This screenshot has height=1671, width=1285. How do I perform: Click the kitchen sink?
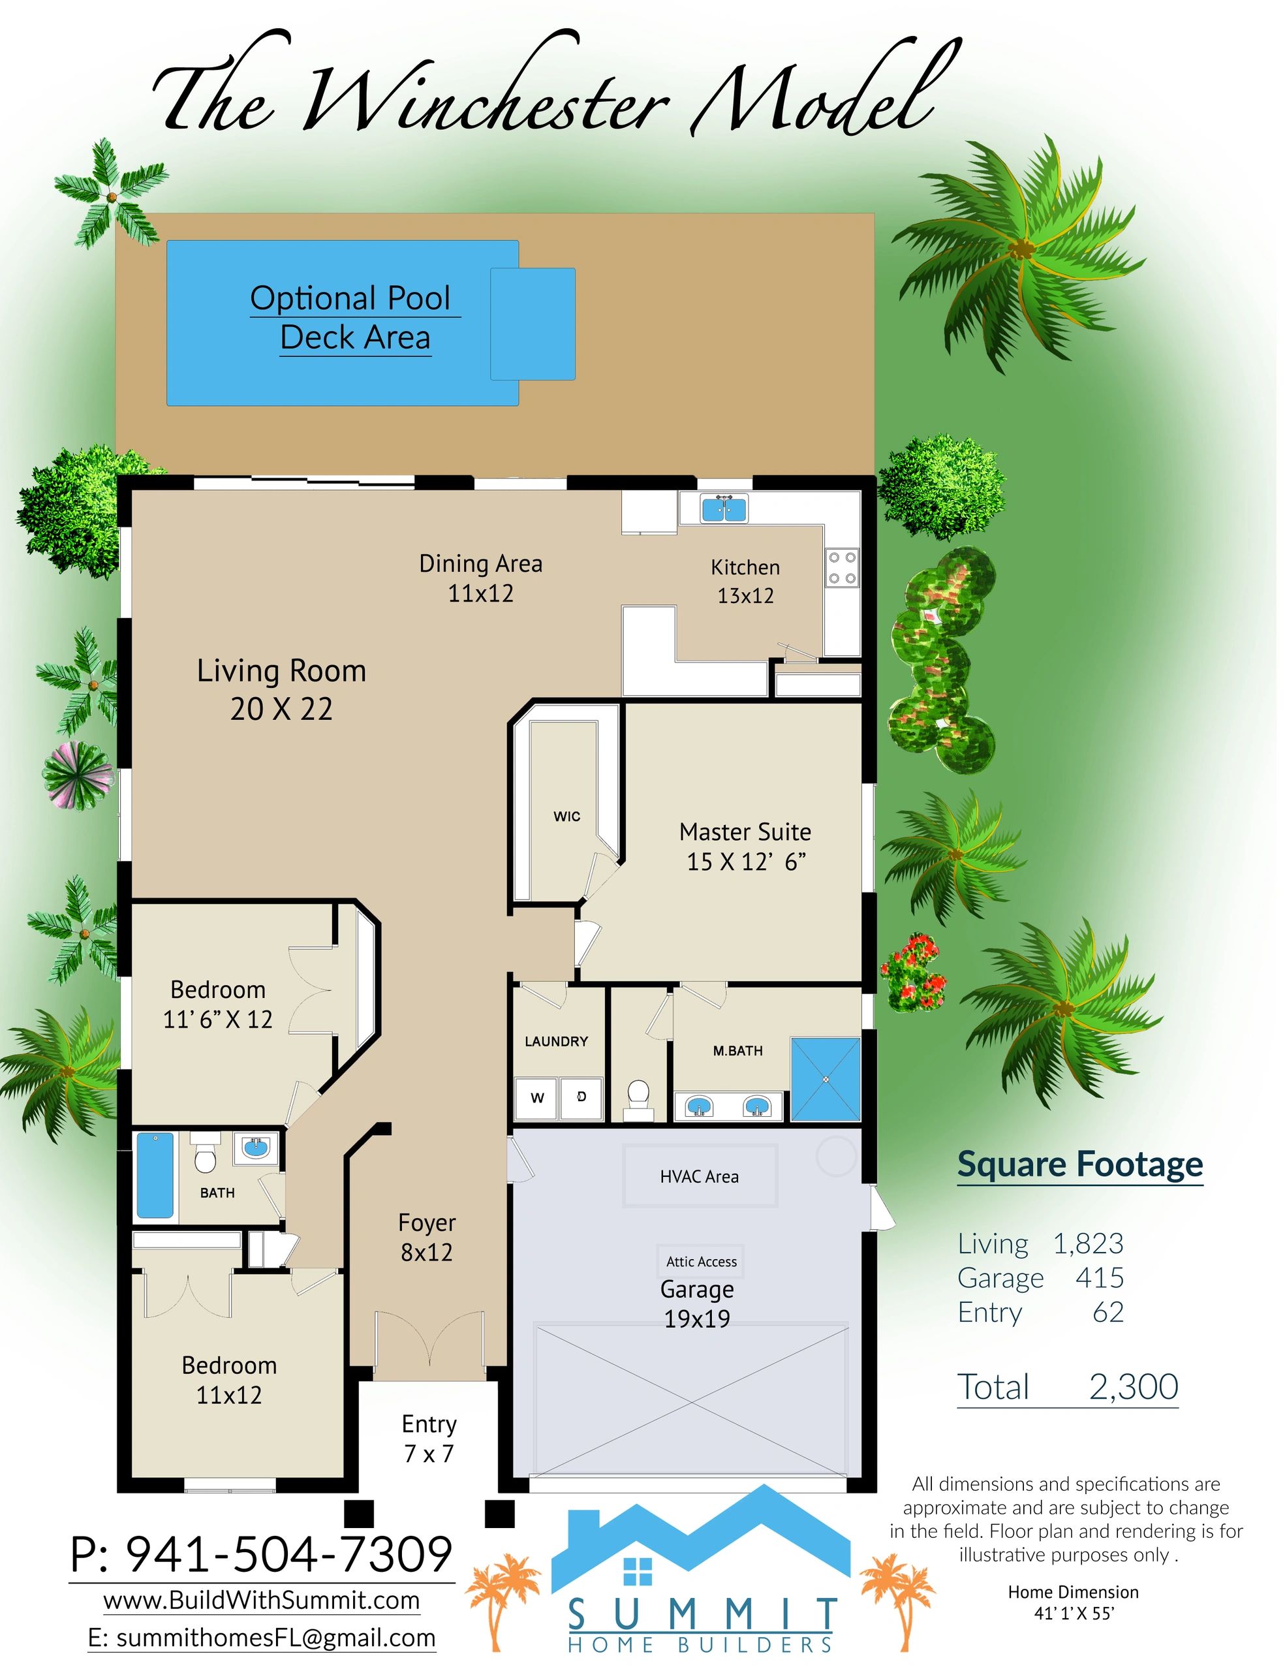pyautogui.click(x=724, y=508)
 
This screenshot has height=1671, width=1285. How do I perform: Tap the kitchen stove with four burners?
pyautogui.click(x=841, y=568)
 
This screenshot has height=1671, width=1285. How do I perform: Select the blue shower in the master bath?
pyautogui.click(x=826, y=1080)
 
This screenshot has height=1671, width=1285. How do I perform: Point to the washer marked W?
pyautogui.click(x=537, y=1099)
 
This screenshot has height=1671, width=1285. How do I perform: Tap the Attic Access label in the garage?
pyautogui.click(x=702, y=1262)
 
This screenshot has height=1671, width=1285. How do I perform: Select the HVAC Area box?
pyautogui.click(x=700, y=1176)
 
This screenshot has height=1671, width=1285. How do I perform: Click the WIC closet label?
pyautogui.click(x=566, y=817)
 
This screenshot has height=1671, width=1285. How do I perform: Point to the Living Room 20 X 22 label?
pyautogui.click(x=281, y=689)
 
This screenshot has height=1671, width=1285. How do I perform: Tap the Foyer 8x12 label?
pyautogui.click(x=427, y=1237)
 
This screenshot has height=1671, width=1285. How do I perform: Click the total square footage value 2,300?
pyautogui.click(x=1134, y=1386)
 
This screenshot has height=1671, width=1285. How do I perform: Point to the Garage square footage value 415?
pyautogui.click(x=1100, y=1278)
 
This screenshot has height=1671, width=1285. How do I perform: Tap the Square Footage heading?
pyautogui.click(x=1080, y=1164)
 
